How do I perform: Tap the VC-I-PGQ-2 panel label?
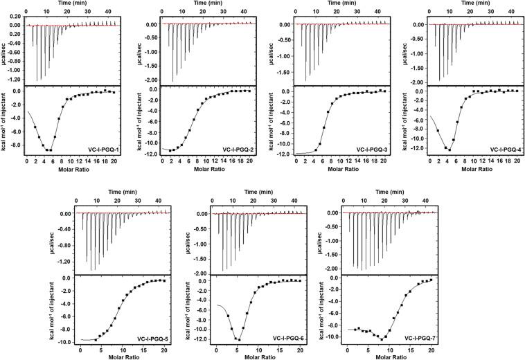click(x=230, y=150)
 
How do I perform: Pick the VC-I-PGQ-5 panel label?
click(x=148, y=338)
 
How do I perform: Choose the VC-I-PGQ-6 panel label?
click(x=285, y=338)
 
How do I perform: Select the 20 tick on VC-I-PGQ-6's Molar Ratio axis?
click(x=299, y=351)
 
